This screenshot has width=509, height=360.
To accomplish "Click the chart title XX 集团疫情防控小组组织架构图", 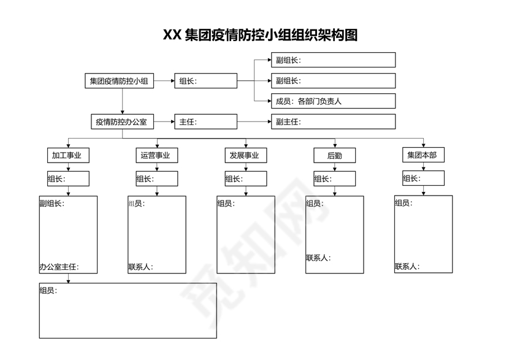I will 260,35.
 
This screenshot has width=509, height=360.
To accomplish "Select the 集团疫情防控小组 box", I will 119,81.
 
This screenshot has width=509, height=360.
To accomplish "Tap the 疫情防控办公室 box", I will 121,121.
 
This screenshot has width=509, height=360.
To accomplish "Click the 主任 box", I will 205,121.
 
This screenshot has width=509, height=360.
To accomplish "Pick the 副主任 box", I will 333,121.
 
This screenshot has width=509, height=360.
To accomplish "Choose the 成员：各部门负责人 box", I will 333,101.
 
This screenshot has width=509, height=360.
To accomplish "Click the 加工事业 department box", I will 68,155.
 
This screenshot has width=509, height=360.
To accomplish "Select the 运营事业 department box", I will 156,155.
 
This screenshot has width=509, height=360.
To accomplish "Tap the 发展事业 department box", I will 245,155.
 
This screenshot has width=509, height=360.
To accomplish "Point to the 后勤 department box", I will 334,155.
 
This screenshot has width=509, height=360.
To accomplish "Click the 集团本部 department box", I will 423,155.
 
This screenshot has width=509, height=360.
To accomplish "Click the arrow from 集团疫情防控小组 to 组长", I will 164,81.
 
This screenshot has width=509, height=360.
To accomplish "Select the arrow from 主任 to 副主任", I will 254,121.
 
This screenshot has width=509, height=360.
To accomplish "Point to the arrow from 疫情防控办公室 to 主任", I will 164,121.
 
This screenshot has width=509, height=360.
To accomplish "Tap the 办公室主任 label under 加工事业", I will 59,267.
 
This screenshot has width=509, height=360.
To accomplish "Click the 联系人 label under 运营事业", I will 140,267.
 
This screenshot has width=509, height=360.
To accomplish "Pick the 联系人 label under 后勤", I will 318,258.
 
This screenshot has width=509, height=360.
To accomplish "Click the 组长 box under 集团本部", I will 423,178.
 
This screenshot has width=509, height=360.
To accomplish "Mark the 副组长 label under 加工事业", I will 52,204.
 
